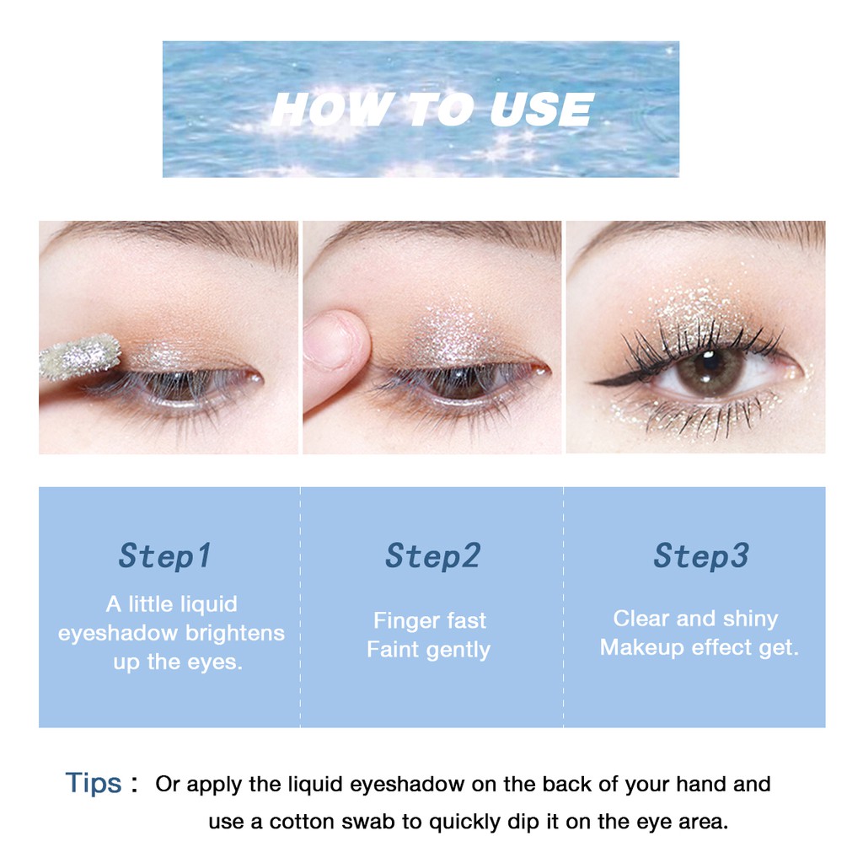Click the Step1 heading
165,556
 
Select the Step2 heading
432,556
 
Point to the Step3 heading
701,556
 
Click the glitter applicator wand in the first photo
80,356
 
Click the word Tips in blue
93,783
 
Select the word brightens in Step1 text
235,633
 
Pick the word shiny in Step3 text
751,619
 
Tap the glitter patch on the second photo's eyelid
454,330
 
